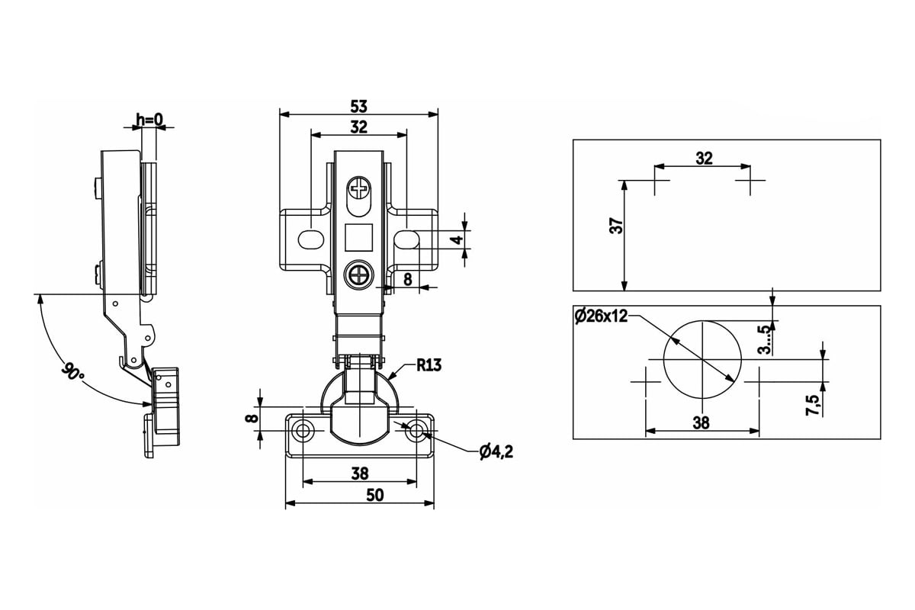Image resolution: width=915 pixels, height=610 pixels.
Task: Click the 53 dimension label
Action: (x=359, y=107)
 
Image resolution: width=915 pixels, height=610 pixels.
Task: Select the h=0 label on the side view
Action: (x=149, y=120)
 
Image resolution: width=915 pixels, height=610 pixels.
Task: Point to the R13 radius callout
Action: (x=429, y=364)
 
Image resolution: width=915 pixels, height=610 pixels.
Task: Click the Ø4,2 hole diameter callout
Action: (x=496, y=452)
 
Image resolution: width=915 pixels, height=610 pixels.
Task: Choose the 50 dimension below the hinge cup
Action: (x=375, y=495)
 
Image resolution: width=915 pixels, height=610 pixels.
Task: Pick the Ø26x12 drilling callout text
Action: (x=601, y=316)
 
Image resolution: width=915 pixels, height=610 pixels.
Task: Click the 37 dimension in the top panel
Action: (x=616, y=226)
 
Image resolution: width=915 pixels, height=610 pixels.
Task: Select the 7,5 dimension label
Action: (x=812, y=405)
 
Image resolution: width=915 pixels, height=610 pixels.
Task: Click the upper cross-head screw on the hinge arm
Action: (x=359, y=189)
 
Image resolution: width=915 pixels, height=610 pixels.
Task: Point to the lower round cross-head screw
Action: (x=359, y=275)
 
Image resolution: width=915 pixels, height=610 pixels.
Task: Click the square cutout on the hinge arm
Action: (x=358, y=237)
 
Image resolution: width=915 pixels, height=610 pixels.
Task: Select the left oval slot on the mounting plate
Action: (x=311, y=240)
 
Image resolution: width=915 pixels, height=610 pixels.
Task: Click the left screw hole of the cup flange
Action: (x=303, y=430)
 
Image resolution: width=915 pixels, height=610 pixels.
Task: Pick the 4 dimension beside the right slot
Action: (x=458, y=240)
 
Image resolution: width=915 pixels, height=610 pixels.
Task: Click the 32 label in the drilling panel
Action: (x=704, y=158)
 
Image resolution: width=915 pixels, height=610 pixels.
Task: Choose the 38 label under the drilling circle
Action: (x=701, y=423)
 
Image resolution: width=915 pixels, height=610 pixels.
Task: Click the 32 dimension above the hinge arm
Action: (x=359, y=127)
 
